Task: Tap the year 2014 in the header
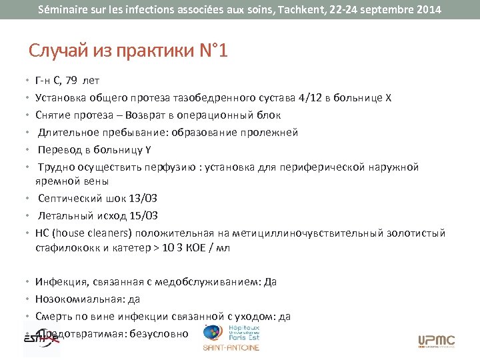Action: tap(425, 10)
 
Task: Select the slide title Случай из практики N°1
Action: tap(129, 51)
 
